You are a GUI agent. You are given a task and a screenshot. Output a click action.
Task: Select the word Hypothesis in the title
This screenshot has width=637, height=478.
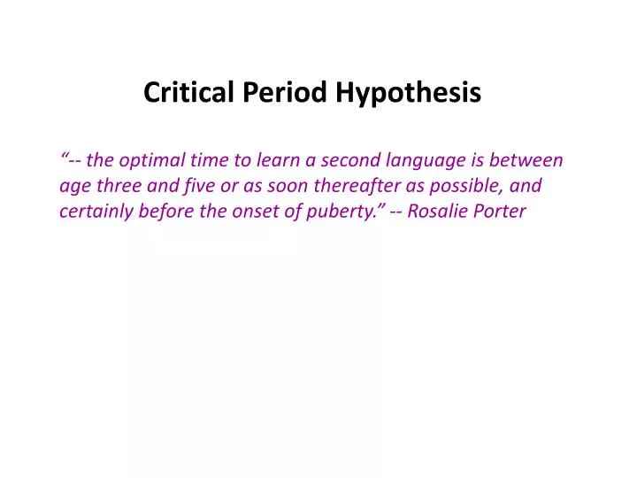[x=409, y=93]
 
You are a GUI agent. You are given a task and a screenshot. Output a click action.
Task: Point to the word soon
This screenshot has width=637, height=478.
[x=281, y=187]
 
